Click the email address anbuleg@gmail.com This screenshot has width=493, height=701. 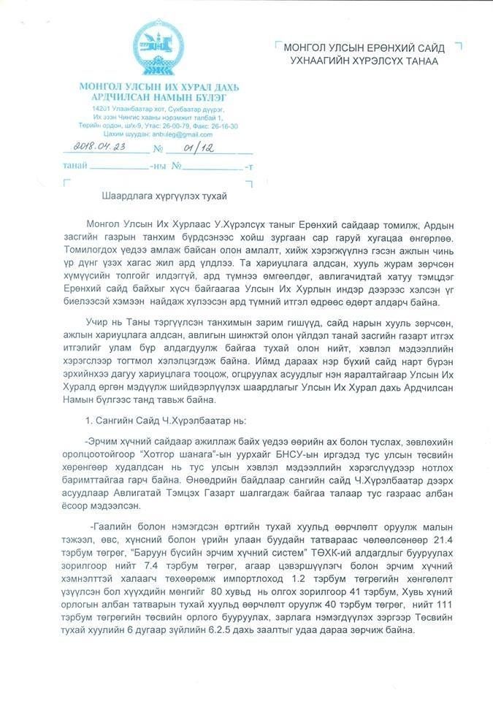187,135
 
